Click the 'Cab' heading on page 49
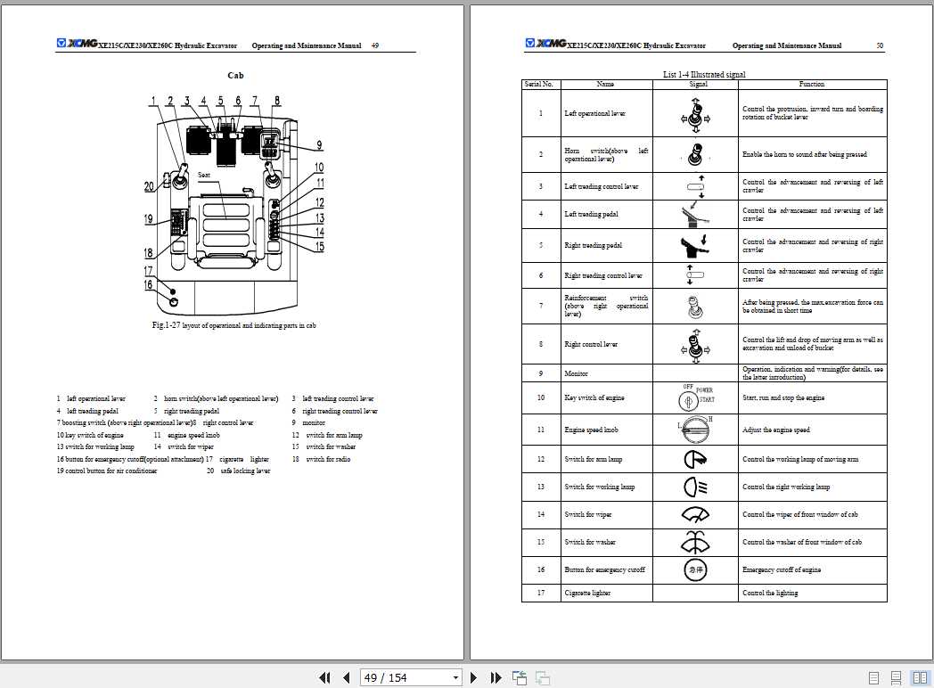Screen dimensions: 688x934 (x=235, y=76)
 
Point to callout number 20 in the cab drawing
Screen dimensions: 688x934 (x=150, y=186)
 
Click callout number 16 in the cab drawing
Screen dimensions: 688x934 (x=150, y=285)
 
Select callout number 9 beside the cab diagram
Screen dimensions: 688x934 (x=318, y=145)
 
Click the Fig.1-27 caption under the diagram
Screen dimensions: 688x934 (x=234, y=325)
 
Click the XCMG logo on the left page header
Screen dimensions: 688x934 (x=77, y=43)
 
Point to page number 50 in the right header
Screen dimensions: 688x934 (x=880, y=45)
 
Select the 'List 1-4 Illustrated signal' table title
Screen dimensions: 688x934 (x=704, y=75)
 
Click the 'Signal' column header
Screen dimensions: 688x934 (x=699, y=84)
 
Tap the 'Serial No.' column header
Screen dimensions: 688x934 (x=539, y=84)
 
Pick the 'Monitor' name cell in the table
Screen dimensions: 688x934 (x=576, y=373)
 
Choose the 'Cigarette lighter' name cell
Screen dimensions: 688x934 (x=588, y=593)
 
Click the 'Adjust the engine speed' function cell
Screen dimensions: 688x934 (x=775, y=430)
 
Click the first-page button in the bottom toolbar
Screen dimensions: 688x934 (x=324, y=678)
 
